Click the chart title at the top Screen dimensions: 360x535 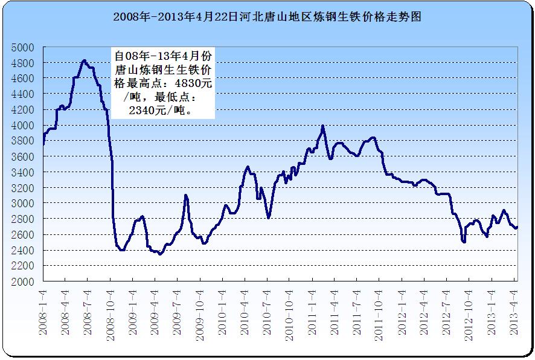(267, 17)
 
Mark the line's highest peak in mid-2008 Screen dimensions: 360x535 (84, 60)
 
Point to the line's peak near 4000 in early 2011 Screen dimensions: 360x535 (322, 126)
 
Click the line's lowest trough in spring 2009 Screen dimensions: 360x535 (159, 254)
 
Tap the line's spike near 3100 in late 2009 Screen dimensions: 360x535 (186, 195)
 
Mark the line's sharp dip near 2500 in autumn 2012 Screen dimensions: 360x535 (464, 242)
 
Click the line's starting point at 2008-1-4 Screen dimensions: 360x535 (43, 144)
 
